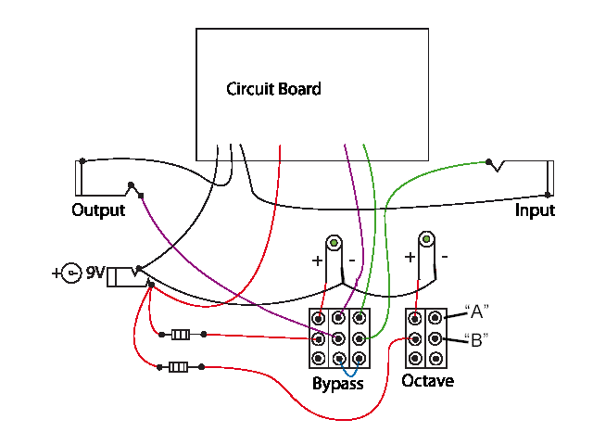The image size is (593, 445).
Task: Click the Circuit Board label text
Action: point(273,89)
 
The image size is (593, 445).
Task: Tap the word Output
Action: point(98,210)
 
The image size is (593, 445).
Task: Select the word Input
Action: point(535,210)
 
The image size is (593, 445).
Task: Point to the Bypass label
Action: point(337,384)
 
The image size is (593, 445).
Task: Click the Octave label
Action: point(428,381)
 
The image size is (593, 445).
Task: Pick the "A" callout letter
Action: point(476,311)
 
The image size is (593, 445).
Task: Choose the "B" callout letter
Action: point(476,340)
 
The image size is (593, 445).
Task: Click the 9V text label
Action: point(95,272)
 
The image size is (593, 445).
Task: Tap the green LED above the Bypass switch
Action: point(334,243)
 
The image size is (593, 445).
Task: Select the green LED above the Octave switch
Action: point(426,239)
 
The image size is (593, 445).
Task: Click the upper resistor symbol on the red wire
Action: point(181,335)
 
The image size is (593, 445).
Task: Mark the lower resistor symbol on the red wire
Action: point(178,367)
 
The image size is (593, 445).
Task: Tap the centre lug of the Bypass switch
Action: point(338,338)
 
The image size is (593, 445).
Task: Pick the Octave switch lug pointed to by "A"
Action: point(435,318)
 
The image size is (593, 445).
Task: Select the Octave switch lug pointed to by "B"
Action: point(435,338)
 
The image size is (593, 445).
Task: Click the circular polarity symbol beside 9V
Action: point(71,273)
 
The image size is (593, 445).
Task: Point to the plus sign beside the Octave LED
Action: point(410,258)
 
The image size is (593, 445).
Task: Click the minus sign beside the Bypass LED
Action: point(352,261)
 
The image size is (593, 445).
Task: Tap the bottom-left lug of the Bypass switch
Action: point(319,358)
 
